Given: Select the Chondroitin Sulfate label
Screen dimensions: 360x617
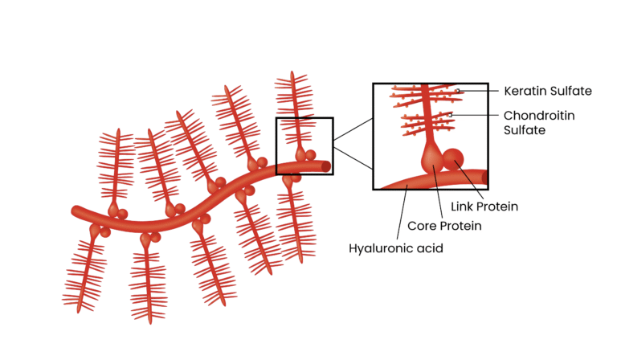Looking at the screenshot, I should (539, 122).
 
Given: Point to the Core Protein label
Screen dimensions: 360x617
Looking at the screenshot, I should (444, 226).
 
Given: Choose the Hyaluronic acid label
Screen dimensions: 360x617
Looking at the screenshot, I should (395, 248).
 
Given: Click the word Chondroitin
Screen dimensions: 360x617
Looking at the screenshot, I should (539, 115).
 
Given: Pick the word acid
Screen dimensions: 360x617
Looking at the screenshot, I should (428, 248).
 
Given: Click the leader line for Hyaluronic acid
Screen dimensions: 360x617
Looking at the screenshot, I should (402, 212).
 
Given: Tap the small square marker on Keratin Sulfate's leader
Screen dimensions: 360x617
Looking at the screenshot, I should (458, 92).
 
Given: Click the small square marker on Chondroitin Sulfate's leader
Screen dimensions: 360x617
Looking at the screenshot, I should (451, 115).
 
